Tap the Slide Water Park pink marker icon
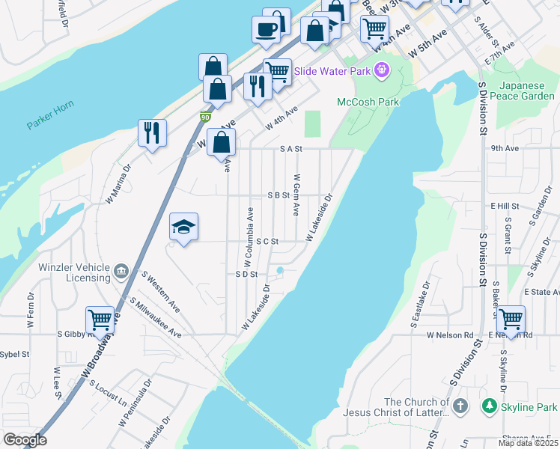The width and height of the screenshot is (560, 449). click(x=383, y=70)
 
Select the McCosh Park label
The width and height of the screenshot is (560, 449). click(x=368, y=102)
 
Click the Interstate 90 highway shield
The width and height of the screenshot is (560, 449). click(x=205, y=117)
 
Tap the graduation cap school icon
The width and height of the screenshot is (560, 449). click(x=183, y=226)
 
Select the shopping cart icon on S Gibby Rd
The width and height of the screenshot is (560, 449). click(x=100, y=320)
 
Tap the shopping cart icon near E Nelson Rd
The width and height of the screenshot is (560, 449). click(x=511, y=319)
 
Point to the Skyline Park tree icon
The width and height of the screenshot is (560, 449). click(x=490, y=406)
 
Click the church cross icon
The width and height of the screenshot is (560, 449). click(x=460, y=406)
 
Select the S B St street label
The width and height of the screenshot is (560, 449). click(x=279, y=195)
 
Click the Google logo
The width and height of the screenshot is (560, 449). click(x=25, y=440)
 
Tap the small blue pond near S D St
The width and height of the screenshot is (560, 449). click(x=280, y=271)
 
